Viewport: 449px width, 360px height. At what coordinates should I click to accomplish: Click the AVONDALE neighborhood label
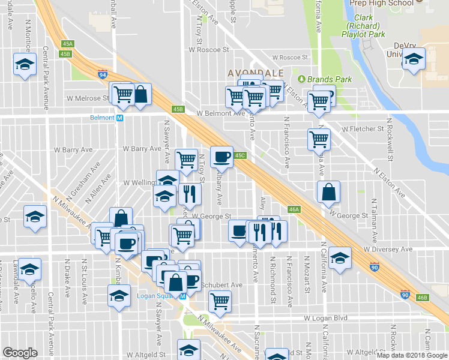pyautogui.click(x=255, y=73)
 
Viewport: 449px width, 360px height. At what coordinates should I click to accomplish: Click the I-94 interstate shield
pyautogui.click(x=103, y=74)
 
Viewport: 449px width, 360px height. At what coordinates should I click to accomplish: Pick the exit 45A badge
pyautogui.click(x=67, y=44)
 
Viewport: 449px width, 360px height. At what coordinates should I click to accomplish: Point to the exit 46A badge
pyautogui.click(x=294, y=209)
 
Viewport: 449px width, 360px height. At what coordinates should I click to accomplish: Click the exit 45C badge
pyautogui.click(x=240, y=155)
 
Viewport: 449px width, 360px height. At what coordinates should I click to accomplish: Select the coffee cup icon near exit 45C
pyautogui.click(x=221, y=157)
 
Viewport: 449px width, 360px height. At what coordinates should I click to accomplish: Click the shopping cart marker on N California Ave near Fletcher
pyautogui.click(x=319, y=139)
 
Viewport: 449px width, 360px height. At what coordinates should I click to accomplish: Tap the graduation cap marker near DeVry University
pyautogui.click(x=413, y=59)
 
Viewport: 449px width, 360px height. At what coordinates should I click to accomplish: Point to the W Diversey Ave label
pyautogui.click(x=388, y=249)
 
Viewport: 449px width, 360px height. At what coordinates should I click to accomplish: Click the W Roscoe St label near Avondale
pyautogui.click(x=289, y=58)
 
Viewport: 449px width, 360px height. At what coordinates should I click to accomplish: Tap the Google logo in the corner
pyautogui.click(x=20, y=353)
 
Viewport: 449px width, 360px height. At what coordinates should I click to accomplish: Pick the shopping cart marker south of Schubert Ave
pyautogui.click(x=220, y=302)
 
